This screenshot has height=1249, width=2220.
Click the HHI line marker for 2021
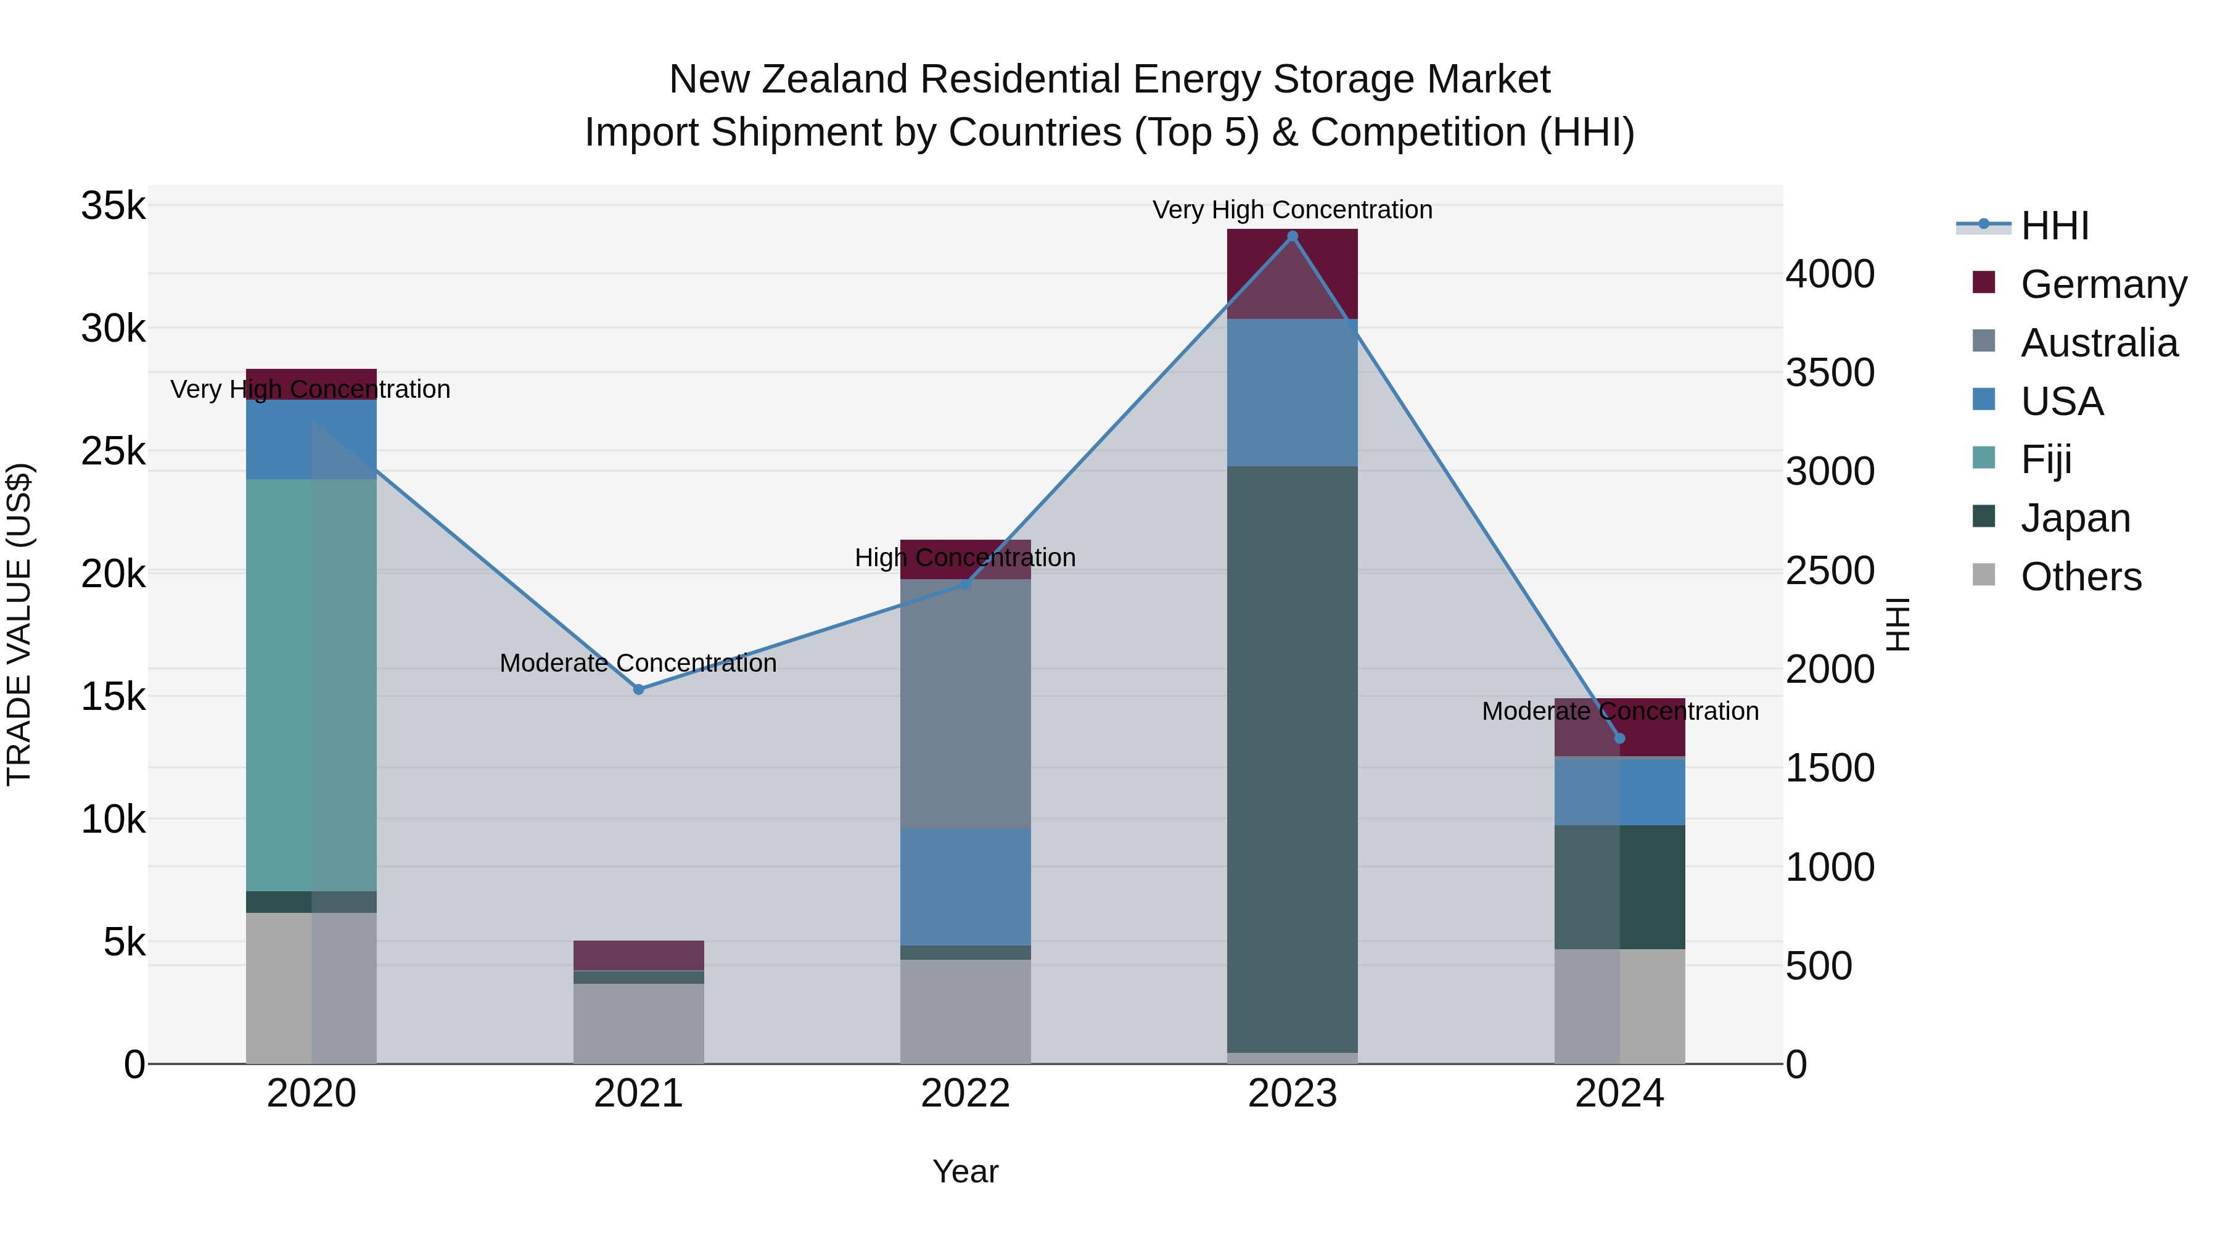639,689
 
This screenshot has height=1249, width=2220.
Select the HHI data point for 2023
1292,236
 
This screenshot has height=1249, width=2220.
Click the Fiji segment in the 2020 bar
311,685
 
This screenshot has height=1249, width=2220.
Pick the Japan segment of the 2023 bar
1292,759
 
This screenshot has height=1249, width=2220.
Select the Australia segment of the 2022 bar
965,703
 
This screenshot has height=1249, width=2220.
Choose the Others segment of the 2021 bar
639,1023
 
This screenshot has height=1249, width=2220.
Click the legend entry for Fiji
2046,460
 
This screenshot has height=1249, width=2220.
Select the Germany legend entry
2103,284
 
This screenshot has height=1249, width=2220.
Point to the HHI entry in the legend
2055,226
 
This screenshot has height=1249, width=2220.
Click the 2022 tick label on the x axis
965,1094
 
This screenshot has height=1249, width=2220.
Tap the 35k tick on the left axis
113,207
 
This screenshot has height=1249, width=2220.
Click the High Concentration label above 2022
965,558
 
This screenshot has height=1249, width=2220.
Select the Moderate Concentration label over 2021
639,663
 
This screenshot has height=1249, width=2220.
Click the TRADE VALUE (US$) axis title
19,624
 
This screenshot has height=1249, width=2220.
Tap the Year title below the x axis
965,1171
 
